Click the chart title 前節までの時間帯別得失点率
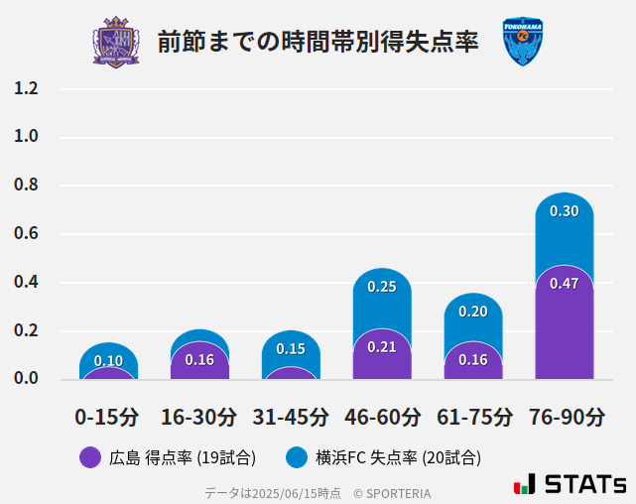pos(318,42)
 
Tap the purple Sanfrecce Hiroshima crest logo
pos(116,42)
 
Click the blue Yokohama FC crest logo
pos(522,42)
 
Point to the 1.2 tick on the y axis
pos(26,88)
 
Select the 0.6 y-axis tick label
pos(26,234)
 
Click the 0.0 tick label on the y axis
pos(26,379)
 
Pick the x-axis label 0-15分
pos(107,417)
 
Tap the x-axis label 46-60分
pos(382,417)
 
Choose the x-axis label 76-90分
pos(565,417)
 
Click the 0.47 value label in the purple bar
pos(564,284)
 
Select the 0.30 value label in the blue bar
pos(564,211)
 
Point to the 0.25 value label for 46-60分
pos(382,287)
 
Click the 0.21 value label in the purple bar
pos(382,346)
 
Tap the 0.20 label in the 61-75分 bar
pos(473,312)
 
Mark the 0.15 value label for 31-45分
pos(291,349)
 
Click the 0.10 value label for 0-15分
pos(108,361)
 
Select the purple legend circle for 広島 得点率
pos(90,457)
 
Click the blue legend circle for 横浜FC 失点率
pos(297,457)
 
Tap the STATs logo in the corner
pos(570,485)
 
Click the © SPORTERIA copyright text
pos(392,493)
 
